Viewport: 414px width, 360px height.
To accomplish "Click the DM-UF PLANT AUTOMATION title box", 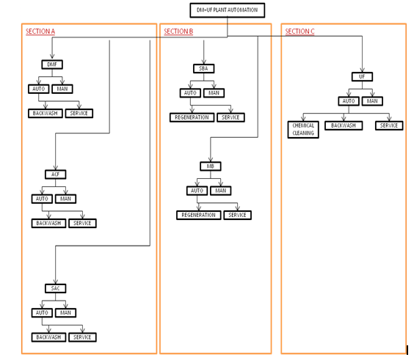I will pos(227,10).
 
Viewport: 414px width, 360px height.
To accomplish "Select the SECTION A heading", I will pos(40,32).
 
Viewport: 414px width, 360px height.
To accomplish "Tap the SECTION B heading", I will pos(178,32).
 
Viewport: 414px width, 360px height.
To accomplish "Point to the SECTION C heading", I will pos(300,32).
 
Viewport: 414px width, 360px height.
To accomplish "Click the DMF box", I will pos(51,65).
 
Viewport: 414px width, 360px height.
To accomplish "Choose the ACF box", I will pos(55,175).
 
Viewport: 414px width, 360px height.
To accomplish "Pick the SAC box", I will pos(54,288).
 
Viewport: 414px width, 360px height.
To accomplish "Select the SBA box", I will pos(203,68).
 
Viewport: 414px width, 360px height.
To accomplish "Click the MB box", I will pos(210,166).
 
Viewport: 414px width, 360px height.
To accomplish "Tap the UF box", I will pos(362,76).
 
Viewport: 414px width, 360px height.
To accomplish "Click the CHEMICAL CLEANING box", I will pos(303,129).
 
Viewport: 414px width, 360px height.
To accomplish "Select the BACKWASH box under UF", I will pos(344,125).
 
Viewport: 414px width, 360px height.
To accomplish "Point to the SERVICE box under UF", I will pos(389,125).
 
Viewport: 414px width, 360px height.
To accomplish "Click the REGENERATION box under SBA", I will pos(192,117).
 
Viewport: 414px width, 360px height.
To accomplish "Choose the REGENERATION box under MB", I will pos(198,215).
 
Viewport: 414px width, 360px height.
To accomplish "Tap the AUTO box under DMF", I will pos(39,89).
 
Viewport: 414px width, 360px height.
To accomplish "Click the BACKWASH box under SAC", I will pos(48,337).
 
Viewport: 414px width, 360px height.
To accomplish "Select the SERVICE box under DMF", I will pos(79,113).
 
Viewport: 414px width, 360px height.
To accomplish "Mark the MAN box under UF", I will pos(372,101).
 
